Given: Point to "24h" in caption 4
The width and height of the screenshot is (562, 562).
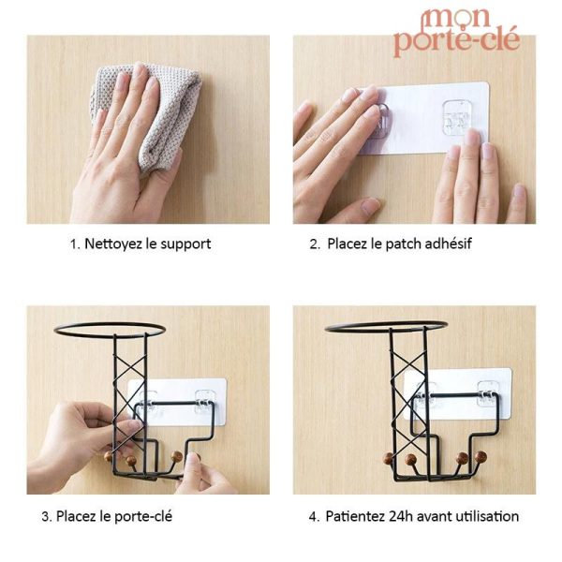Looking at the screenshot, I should pyautogui.click(x=399, y=516).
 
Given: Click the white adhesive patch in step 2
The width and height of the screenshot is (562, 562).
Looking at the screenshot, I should pyautogui.click(x=426, y=117).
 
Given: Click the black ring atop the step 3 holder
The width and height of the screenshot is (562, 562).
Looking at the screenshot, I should pyautogui.click(x=110, y=329).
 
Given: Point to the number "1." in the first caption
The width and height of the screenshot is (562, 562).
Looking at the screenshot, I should pyautogui.click(x=75, y=244).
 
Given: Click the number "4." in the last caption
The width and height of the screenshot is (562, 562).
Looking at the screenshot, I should pyautogui.click(x=315, y=516).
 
